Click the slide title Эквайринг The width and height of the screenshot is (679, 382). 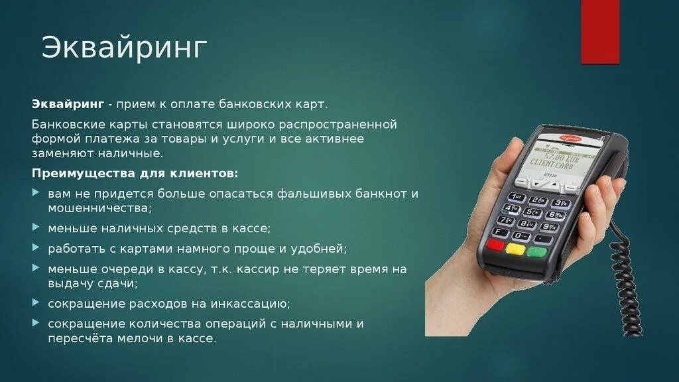[125, 48]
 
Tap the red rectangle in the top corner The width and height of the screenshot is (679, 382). [600, 32]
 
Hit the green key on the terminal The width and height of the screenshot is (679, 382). [536, 252]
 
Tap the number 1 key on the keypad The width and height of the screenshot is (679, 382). [516, 198]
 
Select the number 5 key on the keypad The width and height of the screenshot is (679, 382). [532, 213]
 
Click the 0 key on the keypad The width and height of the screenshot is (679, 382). [522, 235]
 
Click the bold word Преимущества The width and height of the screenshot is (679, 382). [81, 173]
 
